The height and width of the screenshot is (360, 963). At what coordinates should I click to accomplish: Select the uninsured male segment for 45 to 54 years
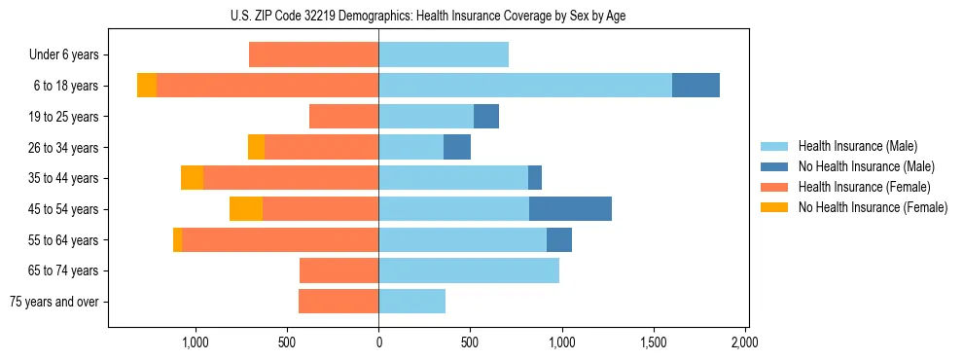click(x=570, y=208)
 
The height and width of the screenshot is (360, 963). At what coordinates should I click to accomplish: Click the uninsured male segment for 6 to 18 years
click(x=695, y=86)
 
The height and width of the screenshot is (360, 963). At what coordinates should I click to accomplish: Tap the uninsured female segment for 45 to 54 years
click(x=246, y=208)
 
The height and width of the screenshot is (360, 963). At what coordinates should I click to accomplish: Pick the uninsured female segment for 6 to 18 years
click(x=147, y=86)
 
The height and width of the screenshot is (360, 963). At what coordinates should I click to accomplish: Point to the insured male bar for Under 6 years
click(x=444, y=54)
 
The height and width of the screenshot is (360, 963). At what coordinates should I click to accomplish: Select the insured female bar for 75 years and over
click(x=339, y=301)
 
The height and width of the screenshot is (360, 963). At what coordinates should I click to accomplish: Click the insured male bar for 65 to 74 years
click(x=469, y=270)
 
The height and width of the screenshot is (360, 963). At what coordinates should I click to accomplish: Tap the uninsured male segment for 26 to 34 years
click(x=457, y=147)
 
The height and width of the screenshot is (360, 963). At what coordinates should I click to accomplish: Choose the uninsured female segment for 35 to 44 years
click(x=193, y=178)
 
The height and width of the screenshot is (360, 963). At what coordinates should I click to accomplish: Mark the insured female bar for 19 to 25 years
click(x=343, y=117)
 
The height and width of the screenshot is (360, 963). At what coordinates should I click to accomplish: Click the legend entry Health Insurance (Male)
click(x=857, y=146)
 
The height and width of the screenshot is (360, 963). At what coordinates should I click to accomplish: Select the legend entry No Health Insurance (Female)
click(x=873, y=207)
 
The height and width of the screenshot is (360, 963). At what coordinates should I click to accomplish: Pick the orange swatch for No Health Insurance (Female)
click(x=775, y=207)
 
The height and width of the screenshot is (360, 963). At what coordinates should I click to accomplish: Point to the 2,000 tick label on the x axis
click(x=745, y=342)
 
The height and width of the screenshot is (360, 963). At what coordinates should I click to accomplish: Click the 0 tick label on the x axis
click(x=378, y=342)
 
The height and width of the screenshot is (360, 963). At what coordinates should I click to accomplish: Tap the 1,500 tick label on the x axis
click(x=654, y=342)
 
